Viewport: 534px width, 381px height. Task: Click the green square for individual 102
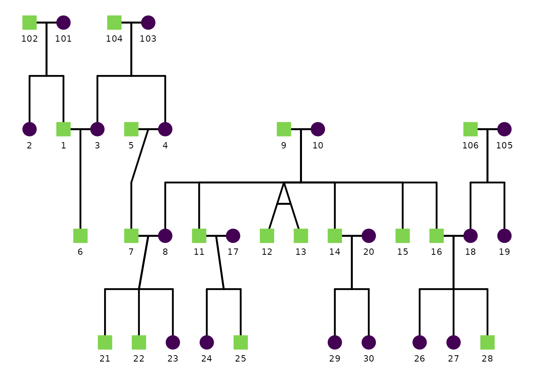pyautogui.click(x=29, y=23)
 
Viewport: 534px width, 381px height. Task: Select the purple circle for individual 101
pyautogui.click(x=64, y=23)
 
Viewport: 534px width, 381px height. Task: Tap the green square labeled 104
pyautogui.click(x=114, y=23)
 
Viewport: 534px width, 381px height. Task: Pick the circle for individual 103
pyautogui.click(x=148, y=23)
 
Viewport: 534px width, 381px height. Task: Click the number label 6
pyautogui.click(x=80, y=252)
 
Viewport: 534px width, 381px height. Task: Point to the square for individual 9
pyautogui.click(x=284, y=129)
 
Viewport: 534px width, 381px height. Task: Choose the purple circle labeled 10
pyautogui.click(x=318, y=129)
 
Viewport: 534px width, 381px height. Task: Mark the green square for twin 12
pyautogui.click(x=267, y=236)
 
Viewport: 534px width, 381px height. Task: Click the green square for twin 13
pyautogui.click(x=301, y=236)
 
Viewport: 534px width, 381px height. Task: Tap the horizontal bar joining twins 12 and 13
pyautogui.click(x=284, y=204)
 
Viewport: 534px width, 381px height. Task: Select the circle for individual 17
pyautogui.click(x=233, y=236)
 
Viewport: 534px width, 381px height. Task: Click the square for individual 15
pyautogui.click(x=402, y=236)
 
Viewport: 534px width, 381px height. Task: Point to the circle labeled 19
pyautogui.click(x=504, y=236)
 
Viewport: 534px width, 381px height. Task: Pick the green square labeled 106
pyautogui.click(x=470, y=129)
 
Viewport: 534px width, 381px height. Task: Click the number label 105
pyautogui.click(x=504, y=146)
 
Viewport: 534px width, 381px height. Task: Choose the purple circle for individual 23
pyautogui.click(x=173, y=342)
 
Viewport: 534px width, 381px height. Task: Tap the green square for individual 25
pyautogui.click(x=241, y=342)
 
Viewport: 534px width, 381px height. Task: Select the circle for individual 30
pyautogui.click(x=369, y=342)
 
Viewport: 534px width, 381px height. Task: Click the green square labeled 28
pyautogui.click(x=488, y=342)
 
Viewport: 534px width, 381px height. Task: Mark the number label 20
pyautogui.click(x=369, y=252)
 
